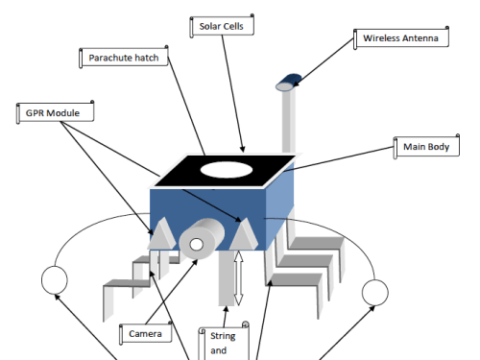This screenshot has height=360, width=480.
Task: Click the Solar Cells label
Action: coord(222,26)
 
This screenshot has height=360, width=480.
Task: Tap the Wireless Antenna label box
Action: coord(401,38)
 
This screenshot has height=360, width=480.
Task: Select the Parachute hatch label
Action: coord(124,58)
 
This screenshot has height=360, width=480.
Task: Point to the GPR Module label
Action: coord(55,112)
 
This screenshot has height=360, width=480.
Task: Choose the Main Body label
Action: coord(426,147)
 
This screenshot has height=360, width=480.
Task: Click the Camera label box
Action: coord(146,333)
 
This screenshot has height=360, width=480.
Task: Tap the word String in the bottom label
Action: coord(223,336)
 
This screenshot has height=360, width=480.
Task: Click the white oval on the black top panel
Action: coord(227,170)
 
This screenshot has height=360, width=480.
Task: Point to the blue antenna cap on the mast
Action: coord(289,83)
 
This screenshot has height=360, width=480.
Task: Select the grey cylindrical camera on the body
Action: coord(202,238)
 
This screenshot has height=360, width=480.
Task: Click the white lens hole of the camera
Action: coord(196,245)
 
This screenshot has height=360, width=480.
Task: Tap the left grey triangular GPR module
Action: coord(162,234)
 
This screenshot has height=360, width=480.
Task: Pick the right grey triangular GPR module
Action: coord(244,234)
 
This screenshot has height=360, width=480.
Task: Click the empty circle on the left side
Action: coord(55,280)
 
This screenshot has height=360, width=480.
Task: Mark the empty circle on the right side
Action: coord(375,293)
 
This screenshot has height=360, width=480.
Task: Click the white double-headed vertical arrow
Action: coord(238,278)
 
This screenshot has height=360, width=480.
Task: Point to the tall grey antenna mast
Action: coord(289,122)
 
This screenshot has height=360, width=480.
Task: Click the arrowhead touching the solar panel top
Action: coord(242,149)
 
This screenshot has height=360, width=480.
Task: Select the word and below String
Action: coord(219,350)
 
